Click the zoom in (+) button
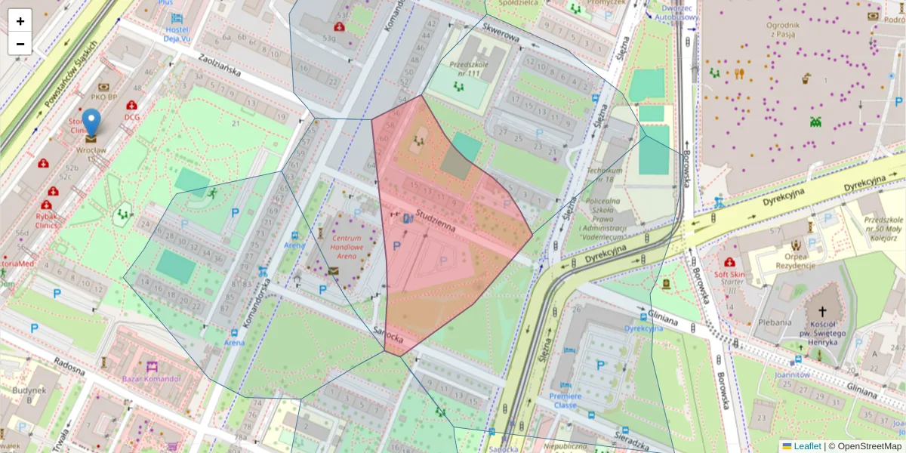pos(20,21)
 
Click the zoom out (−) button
pos(20,44)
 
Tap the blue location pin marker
pos(91,124)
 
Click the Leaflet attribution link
pos(807,446)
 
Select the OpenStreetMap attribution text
pos(864,446)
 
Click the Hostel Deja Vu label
pos(177,35)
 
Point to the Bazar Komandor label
pos(151,378)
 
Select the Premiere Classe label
pos(565,400)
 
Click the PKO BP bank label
pos(103,97)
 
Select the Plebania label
pos(775,322)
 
